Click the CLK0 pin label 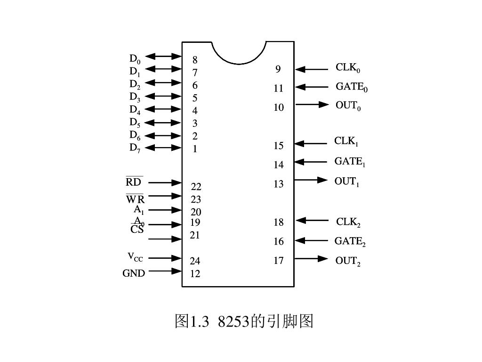pyautogui.click(x=348, y=68)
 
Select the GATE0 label pyautogui.click(x=351, y=87)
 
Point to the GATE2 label pyautogui.click(x=350, y=242)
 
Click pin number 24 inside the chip pyautogui.click(x=195, y=261)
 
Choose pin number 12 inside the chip pyautogui.click(x=195, y=273)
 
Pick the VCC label pyautogui.click(x=135, y=257)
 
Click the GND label pyautogui.click(x=134, y=273)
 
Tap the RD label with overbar pyautogui.click(x=134, y=182)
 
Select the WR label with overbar pyautogui.click(x=135, y=198)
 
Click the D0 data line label pyautogui.click(x=135, y=59)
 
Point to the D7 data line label pyautogui.click(x=135, y=148)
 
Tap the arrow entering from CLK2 pyautogui.click(x=312, y=220)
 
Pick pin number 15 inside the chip pyautogui.click(x=279, y=146)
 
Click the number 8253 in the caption pyautogui.click(x=233, y=321)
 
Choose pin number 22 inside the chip pyautogui.click(x=196, y=187)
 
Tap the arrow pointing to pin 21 pyautogui.click(x=165, y=239)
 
